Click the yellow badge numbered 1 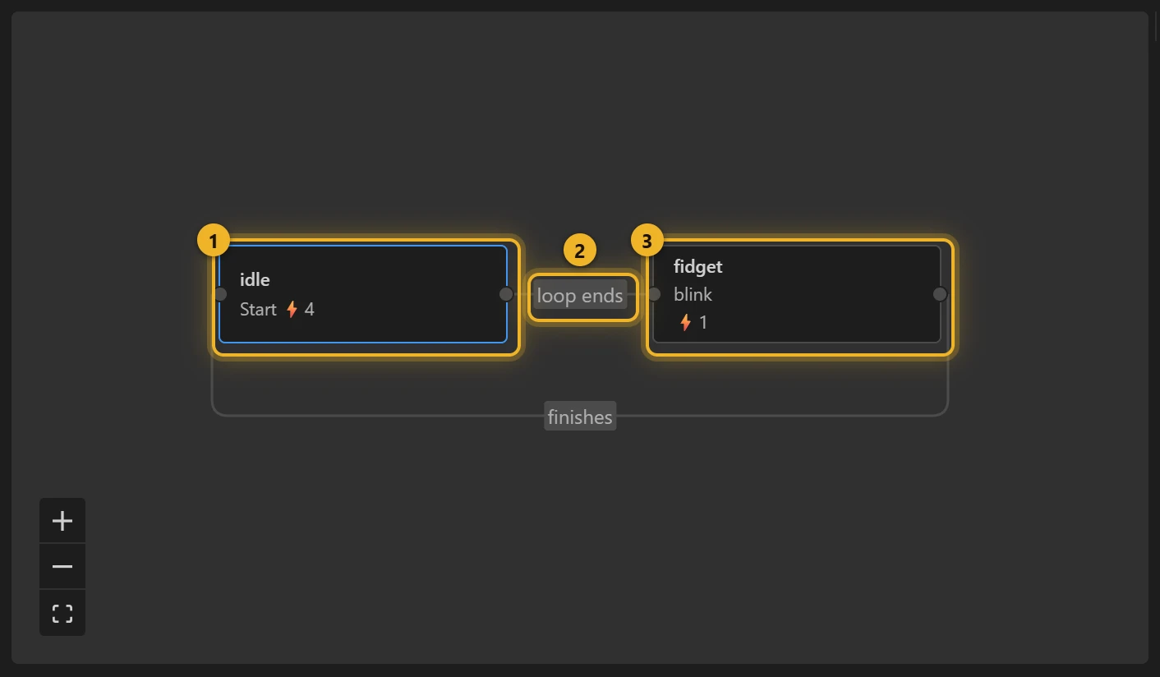(214, 241)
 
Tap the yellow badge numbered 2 (579, 251)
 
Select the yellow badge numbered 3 (647, 241)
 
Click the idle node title (255, 279)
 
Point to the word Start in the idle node (258, 309)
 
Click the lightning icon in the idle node (292, 309)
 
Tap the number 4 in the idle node (309, 309)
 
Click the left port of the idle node (221, 294)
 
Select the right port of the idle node (506, 294)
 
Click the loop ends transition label (579, 295)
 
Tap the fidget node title (697, 266)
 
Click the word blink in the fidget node (693, 294)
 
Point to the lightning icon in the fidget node (685, 322)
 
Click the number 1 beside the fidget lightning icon (702, 322)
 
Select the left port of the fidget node (655, 294)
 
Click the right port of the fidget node (940, 294)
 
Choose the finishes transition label (580, 417)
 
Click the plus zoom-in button (62, 521)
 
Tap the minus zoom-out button (62, 566)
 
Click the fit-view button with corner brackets (62, 613)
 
